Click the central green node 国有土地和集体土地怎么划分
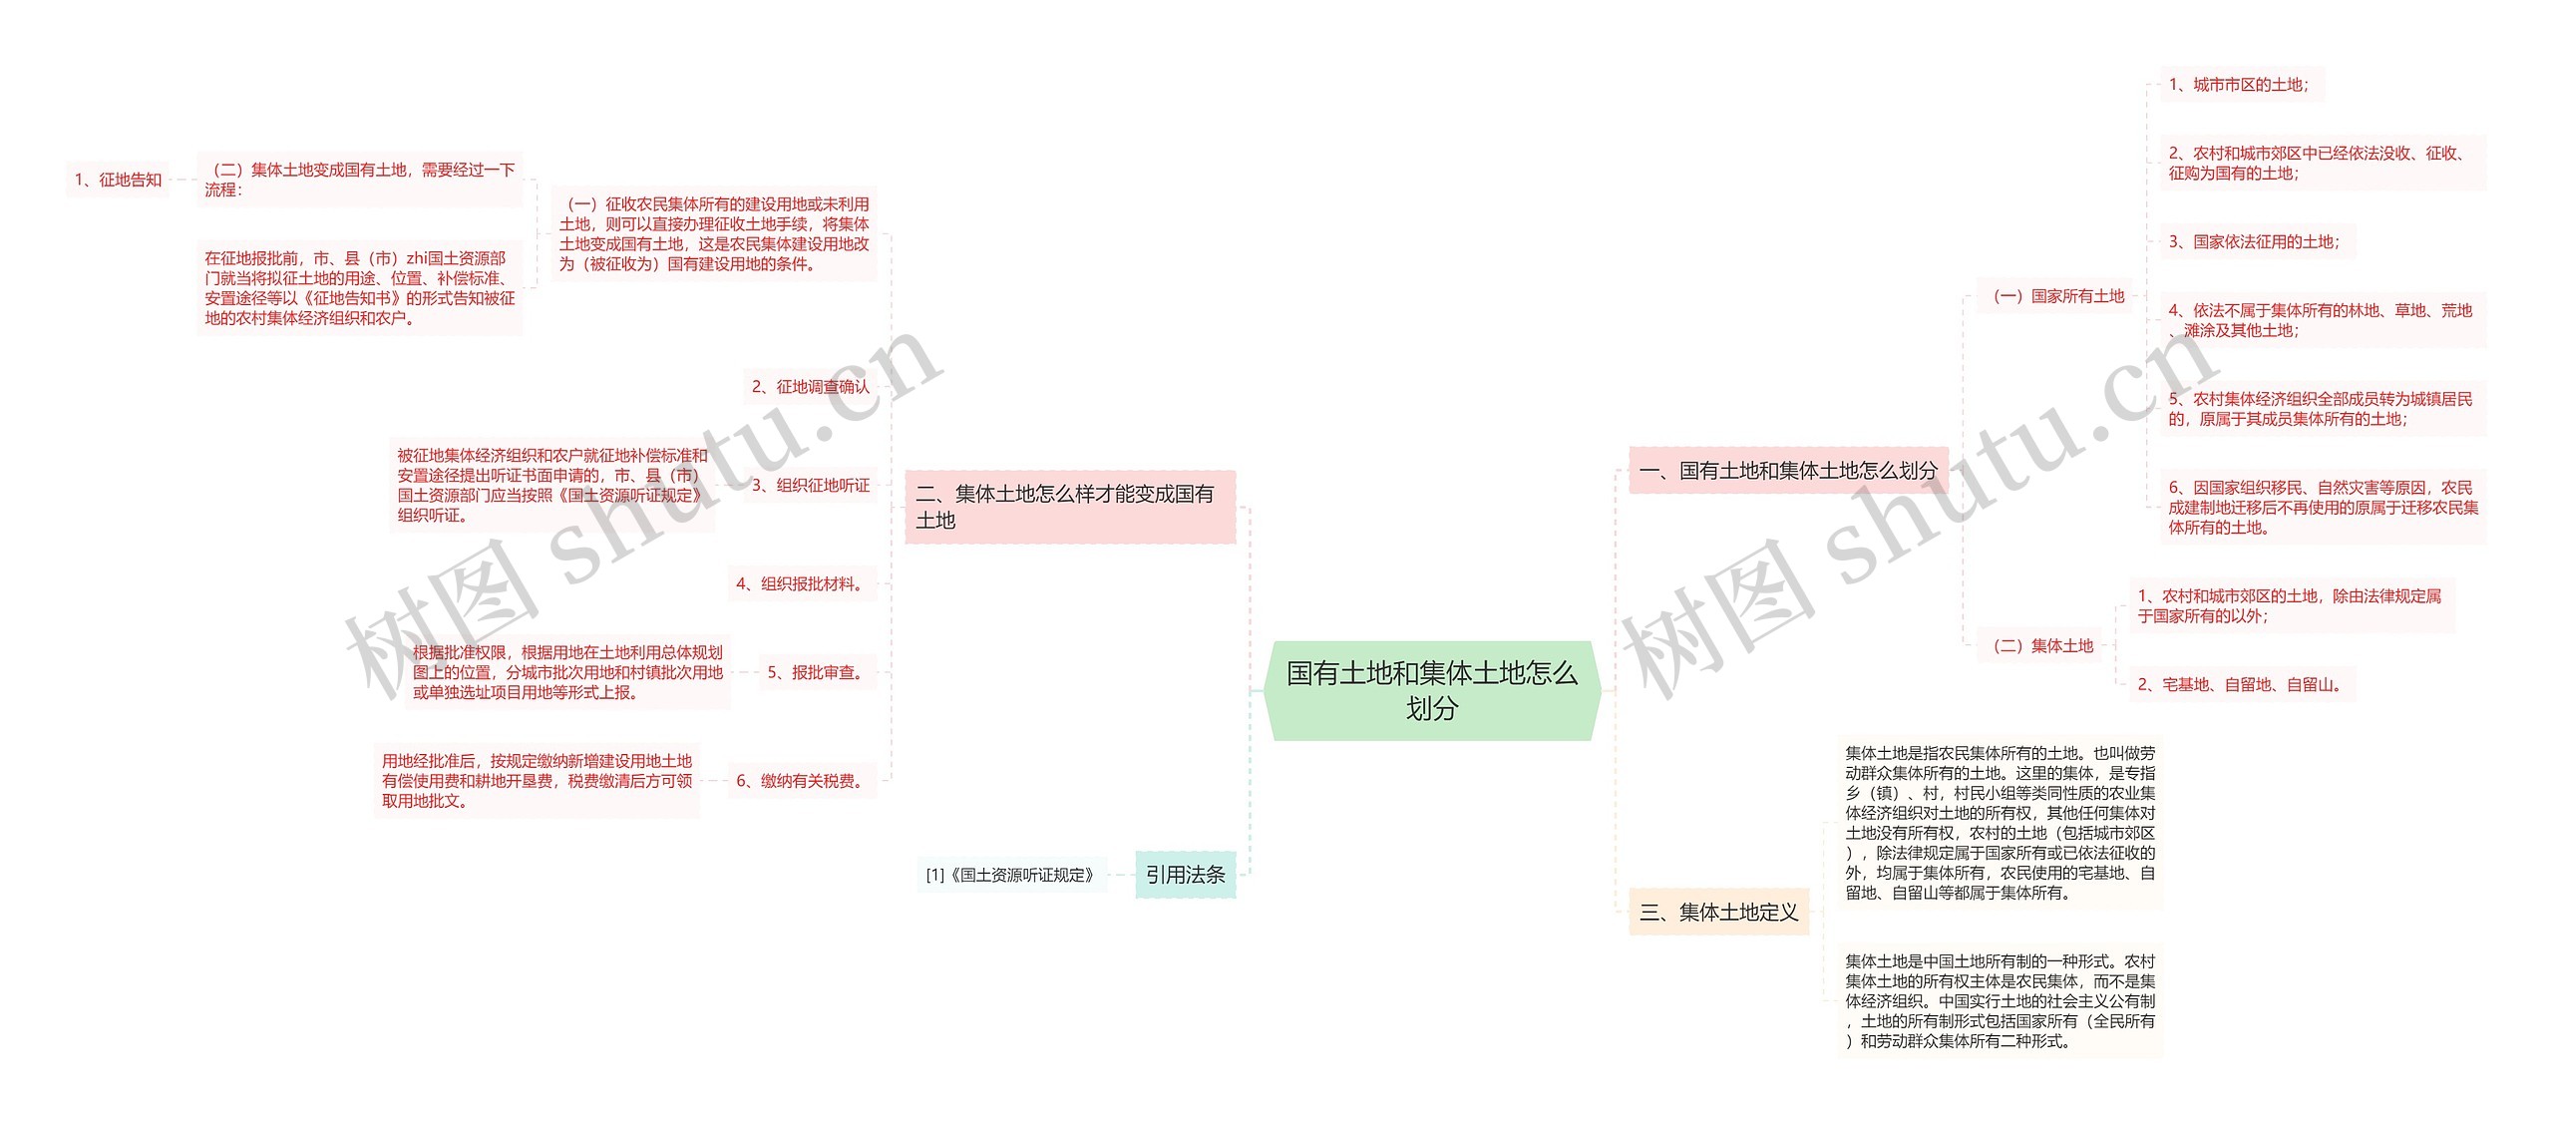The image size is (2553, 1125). [x=1431, y=690]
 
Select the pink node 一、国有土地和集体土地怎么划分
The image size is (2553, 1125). [x=1787, y=471]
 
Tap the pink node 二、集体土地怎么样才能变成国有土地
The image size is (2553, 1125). [x=1069, y=507]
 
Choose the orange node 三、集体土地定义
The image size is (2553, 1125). [x=1718, y=912]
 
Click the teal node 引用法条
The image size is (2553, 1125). [x=1185, y=875]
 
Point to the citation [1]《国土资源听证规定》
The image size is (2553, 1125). [x=1010, y=875]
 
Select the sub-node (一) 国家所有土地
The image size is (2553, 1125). [x=2058, y=296]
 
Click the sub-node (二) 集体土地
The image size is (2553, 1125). [x=2042, y=645]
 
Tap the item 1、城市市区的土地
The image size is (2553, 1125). [x=2238, y=85]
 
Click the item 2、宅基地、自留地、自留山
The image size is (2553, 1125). [x=2238, y=684]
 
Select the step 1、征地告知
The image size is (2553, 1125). [x=118, y=180]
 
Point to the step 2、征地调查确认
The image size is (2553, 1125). [x=810, y=386]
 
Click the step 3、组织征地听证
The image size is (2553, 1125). [x=810, y=485]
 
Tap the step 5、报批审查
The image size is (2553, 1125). [x=815, y=672]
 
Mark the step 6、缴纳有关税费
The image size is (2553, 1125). [x=800, y=781]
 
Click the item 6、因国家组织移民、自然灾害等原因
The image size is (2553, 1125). [x=2322, y=507]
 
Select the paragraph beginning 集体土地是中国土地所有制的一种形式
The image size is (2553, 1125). [x=2000, y=1000]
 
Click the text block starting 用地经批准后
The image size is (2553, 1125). [x=537, y=781]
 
